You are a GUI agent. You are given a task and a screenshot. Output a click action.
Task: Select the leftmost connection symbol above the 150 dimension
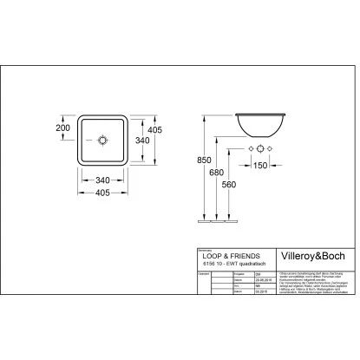pyautogui.click(x=248, y=150)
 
